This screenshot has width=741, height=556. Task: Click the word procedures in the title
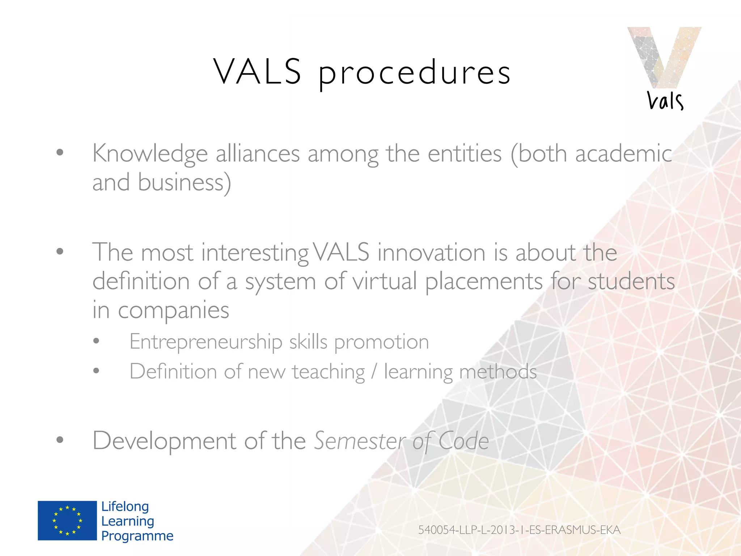tap(414, 73)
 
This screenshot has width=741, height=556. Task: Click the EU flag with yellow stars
tap(67, 521)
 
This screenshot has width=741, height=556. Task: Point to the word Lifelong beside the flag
tap(125, 506)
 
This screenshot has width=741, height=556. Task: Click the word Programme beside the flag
tap(137, 536)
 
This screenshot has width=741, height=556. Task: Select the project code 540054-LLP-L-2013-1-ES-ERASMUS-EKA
tap(519, 530)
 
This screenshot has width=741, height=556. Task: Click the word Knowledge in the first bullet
tap(150, 154)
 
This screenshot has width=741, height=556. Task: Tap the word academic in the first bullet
tap(623, 153)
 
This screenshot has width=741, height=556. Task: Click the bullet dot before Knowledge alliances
tap(60, 152)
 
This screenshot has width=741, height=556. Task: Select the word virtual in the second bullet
tap(385, 281)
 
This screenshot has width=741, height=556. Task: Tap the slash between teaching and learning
tap(374, 372)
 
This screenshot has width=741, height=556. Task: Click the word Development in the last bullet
tap(164, 441)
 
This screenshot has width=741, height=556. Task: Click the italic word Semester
tap(360, 441)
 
